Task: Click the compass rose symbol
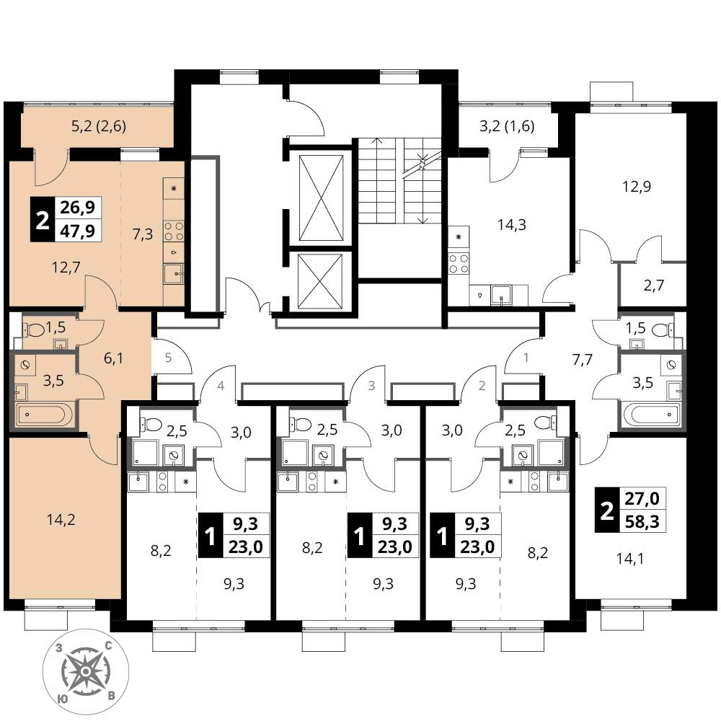point(86,672)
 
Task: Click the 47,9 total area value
point(78,231)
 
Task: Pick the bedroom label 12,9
point(637,187)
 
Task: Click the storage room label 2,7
point(653,286)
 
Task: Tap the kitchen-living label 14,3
point(512,225)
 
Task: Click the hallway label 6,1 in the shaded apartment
point(113,358)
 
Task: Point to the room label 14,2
point(61,520)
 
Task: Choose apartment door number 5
point(168,358)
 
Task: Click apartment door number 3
point(371,385)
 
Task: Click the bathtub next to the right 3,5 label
point(650,415)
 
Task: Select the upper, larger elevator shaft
point(321,198)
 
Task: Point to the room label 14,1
point(630,559)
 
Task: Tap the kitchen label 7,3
point(143,234)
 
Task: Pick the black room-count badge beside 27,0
point(607,510)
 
